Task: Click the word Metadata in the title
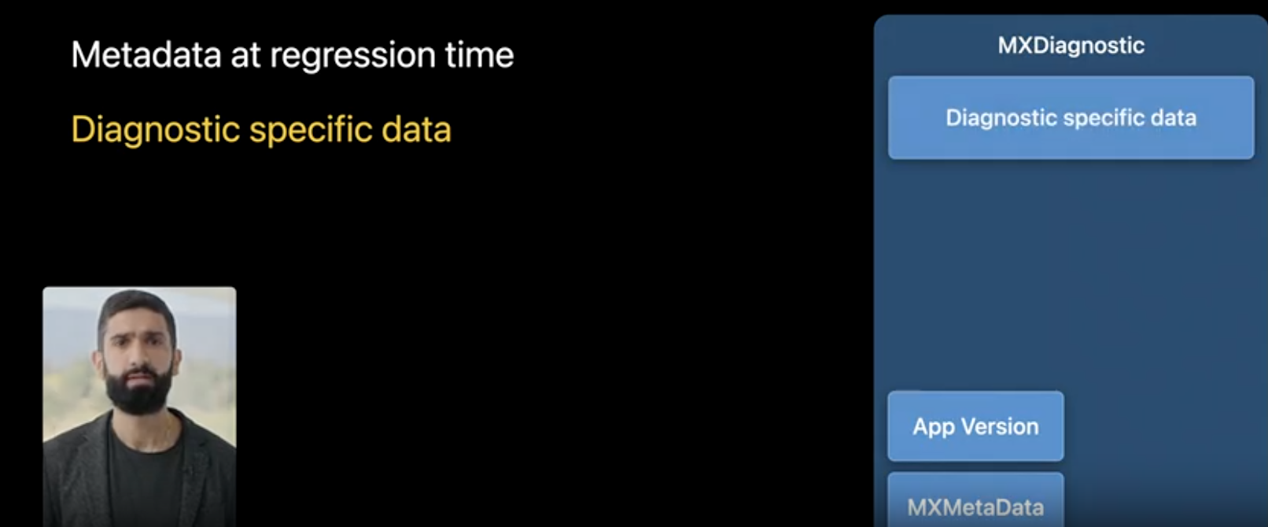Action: click(x=146, y=55)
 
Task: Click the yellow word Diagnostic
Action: click(x=155, y=130)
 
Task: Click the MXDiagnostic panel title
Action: click(x=1071, y=46)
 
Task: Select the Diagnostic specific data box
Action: click(x=1071, y=118)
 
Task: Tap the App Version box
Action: click(x=975, y=426)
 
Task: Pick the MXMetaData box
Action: click(x=975, y=503)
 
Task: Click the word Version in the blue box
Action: click(x=1001, y=426)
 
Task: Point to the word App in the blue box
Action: click(x=933, y=427)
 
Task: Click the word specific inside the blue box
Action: click(x=1097, y=118)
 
